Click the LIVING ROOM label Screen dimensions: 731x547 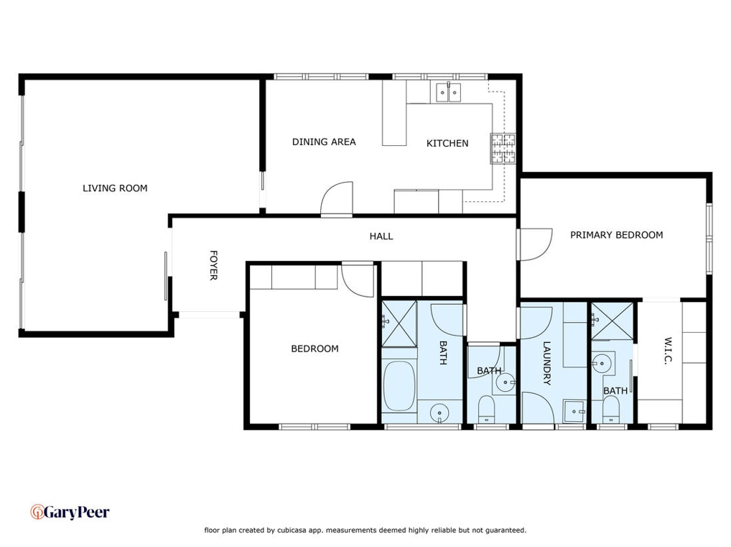click(x=115, y=188)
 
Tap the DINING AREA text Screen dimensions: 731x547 click(x=324, y=142)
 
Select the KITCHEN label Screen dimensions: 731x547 click(x=447, y=143)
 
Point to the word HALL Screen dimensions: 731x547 click(x=381, y=236)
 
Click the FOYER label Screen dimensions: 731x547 click(x=213, y=265)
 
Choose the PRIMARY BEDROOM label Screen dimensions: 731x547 click(x=616, y=235)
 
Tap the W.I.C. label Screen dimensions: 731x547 click(x=668, y=351)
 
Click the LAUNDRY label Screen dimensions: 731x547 click(x=547, y=363)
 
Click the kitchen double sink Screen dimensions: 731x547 click(x=449, y=93)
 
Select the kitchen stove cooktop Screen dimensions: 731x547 click(x=503, y=148)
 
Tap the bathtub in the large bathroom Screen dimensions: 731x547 click(x=399, y=386)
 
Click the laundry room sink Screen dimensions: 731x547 click(x=574, y=411)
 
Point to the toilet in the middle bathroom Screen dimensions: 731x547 click(x=486, y=409)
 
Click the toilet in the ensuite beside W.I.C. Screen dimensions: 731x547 click(x=610, y=410)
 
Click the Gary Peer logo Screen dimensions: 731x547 click(x=70, y=512)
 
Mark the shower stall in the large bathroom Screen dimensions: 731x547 click(x=399, y=324)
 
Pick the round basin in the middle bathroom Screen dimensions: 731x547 click(x=505, y=382)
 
